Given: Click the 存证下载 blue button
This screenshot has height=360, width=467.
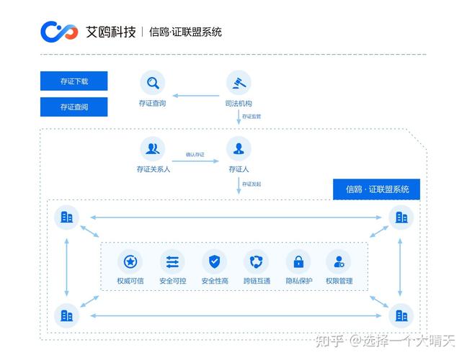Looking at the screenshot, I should click(x=74, y=81).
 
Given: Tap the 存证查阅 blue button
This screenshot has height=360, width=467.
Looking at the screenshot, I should click(x=74, y=107).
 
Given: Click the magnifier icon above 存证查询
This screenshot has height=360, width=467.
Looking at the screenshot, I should click(x=152, y=83).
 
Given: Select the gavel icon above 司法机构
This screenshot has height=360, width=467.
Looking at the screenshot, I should click(x=239, y=83).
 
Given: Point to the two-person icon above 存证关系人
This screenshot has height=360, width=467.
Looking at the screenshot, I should click(x=152, y=149).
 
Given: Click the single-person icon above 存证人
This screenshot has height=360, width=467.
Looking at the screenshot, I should click(x=239, y=149).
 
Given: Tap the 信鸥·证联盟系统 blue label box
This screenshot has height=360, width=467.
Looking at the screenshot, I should click(x=377, y=189).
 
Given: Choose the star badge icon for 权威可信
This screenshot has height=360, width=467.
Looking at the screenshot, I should click(x=130, y=262).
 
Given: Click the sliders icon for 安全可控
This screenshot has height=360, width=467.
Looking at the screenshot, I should click(x=172, y=262).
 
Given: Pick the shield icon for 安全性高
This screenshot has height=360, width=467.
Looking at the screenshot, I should click(x=214, y=262).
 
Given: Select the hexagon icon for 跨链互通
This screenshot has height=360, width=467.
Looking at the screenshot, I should click(x=257, y=262).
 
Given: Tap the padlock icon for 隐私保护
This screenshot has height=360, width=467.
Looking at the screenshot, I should click(x=298, y=262).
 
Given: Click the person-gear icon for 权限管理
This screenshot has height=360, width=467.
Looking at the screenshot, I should click(x=339, y=262).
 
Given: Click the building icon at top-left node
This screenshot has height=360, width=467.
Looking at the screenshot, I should click(x=67, y=217).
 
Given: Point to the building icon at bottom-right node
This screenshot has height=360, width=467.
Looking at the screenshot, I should click(x=401, y=315).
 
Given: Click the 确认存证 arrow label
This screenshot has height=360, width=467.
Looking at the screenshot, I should click(x=195, y=155).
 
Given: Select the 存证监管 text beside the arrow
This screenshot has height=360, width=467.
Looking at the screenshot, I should click(x=252, y=116).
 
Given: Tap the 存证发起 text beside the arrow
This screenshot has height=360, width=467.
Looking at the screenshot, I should click(x=252, y=184).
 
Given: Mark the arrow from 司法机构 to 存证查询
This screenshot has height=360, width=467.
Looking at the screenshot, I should click(x=195, y=95).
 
